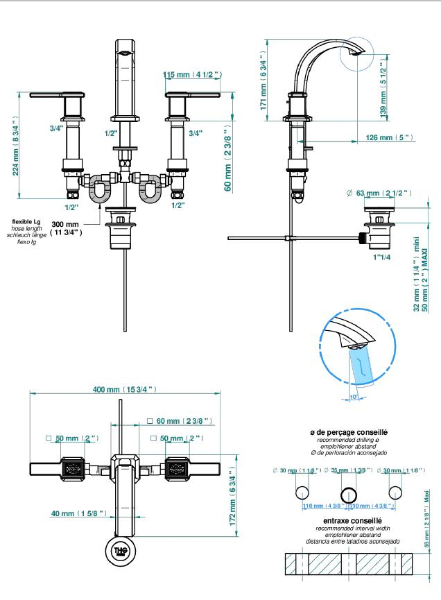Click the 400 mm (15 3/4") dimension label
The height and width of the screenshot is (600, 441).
coord(125,388)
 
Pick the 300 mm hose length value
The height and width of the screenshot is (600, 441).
coord(66,225)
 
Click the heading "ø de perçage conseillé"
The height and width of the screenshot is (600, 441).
coord(349,432)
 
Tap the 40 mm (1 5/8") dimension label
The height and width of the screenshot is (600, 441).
coord(77,513)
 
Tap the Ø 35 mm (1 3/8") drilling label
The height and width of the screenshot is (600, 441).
coord(349,471)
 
